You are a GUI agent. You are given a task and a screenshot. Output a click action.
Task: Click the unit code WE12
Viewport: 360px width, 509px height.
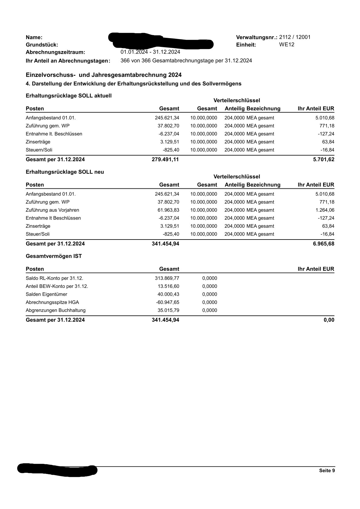pos(286,45)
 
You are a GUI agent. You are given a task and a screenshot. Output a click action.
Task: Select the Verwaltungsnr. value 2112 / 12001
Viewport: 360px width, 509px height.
pos(295,37)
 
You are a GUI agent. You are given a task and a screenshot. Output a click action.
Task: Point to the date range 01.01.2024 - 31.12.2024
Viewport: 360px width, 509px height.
pos(150,52)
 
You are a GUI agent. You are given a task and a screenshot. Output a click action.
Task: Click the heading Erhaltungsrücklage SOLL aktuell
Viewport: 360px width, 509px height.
pos(69,96)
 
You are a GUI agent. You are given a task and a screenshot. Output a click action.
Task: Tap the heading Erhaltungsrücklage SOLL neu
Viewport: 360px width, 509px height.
pos(65,172)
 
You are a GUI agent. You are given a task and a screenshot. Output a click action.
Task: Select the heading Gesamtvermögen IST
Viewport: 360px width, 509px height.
pos(54,256)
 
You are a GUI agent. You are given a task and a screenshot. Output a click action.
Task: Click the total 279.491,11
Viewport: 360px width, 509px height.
pos(165,159)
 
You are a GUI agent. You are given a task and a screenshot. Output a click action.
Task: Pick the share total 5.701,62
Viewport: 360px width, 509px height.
pos(324,159)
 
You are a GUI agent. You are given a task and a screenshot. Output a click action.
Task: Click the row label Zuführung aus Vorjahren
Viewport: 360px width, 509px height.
pos(52,210)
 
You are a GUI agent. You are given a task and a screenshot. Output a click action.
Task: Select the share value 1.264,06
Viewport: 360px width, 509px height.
pos(325,210)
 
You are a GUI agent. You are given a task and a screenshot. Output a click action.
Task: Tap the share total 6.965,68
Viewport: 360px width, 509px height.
pos(324,244)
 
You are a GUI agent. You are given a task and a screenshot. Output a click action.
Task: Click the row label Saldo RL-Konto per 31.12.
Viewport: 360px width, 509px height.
pos(54,279)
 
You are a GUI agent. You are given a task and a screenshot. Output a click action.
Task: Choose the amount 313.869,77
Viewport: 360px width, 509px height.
pos(167,279)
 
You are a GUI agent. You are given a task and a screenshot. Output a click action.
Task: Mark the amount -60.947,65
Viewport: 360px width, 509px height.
pos(168,302)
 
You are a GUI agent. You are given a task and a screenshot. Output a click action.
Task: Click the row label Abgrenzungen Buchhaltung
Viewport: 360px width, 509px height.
pos(56,310)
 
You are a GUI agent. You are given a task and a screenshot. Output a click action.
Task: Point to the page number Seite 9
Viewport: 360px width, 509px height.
pos(327,471)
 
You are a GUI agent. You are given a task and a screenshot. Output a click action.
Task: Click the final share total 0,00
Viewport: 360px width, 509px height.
pos(329,320)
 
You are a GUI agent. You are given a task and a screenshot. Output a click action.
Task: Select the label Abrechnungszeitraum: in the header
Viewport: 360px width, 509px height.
pos(55,52)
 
